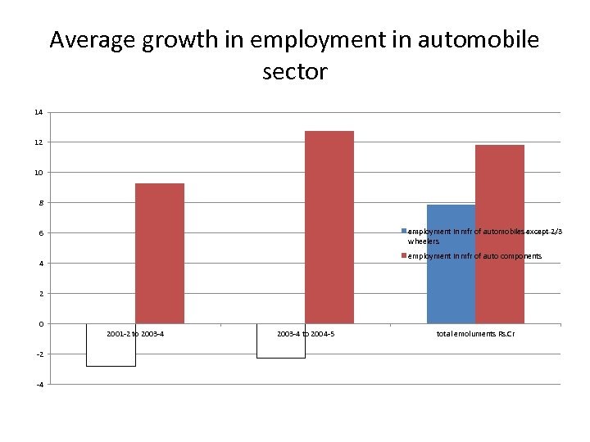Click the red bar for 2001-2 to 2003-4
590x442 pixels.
point(160,253)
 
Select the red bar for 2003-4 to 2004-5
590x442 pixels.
point(329,227)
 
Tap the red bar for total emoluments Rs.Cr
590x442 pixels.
point(500,234)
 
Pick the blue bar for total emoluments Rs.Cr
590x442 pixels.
point(451,264)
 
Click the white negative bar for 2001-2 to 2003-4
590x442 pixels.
point(111,345)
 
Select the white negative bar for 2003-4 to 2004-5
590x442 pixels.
point(281,341)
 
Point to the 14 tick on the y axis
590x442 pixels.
point(39,112)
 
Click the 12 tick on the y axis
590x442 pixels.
point(39,142)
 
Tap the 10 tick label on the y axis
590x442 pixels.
point(39,173)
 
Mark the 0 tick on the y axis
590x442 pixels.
point(40,324)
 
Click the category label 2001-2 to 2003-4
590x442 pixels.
point(135,334)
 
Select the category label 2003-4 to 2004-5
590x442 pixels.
point(306,334)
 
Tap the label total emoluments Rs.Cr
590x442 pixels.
point(475,334)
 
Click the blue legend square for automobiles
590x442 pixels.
point(404,232)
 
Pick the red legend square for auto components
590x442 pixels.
point(404,256)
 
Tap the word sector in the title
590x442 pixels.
point(295,72)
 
